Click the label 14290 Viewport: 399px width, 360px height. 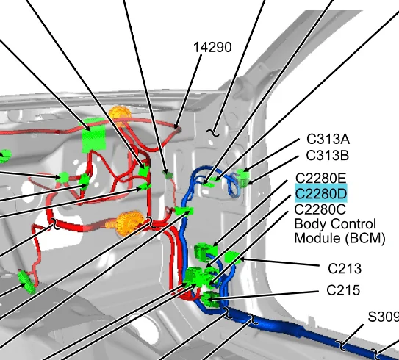(212, 48)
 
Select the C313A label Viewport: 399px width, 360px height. (328, 139)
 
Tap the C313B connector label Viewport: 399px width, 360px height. (327, 156)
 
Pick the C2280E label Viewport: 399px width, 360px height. (321, 178)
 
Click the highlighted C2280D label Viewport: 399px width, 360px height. (321, 194)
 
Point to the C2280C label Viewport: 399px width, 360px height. (320, 209)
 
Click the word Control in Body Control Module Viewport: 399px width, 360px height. (353, 224)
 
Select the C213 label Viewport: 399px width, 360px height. (345, 269)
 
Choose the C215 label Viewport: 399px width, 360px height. (343, 290)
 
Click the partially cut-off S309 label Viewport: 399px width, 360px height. (384, 317)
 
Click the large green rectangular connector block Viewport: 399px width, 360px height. (93, 135)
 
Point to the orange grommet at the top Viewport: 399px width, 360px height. (120, 115)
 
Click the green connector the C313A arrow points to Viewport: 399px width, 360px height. (243, 174)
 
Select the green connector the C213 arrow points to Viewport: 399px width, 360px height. (232, 257)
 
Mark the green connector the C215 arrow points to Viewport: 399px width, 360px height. (210, 299)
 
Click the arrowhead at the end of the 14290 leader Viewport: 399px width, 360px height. (176, 126)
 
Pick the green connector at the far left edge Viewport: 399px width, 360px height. (5, 156)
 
